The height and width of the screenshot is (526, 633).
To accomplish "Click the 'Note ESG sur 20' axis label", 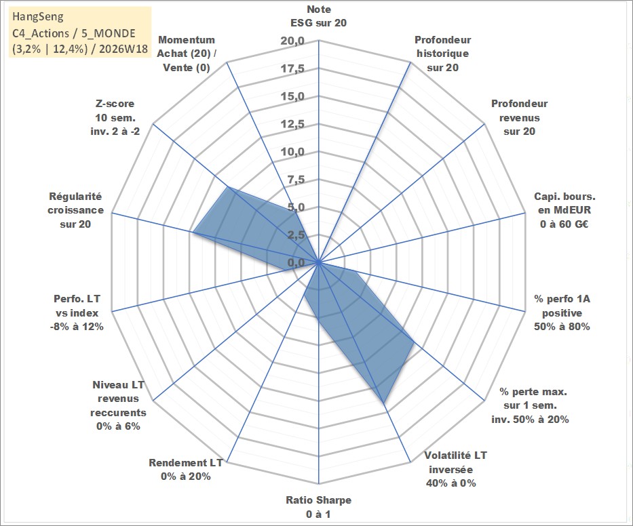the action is point(318,16).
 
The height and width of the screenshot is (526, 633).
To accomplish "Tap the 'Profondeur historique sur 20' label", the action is point(442,54).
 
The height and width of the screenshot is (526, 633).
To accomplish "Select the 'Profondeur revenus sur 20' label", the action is point(519,117).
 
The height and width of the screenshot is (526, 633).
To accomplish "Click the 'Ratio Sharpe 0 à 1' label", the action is point(318,507).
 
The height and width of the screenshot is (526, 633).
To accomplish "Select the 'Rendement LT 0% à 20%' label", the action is point(186,470).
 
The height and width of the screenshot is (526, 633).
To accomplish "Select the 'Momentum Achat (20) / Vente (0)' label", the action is point(187,54).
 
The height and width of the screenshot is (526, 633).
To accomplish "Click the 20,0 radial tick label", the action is point(292,41).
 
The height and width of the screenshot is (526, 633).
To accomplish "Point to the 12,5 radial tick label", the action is point(292,124).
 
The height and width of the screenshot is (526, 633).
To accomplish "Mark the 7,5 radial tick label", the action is point(296,180).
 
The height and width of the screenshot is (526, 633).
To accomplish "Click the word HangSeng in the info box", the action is point(38,16).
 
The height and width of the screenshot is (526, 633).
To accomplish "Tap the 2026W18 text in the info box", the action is point(123,49).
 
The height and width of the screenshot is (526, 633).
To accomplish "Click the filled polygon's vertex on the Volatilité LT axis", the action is point(383,403).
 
